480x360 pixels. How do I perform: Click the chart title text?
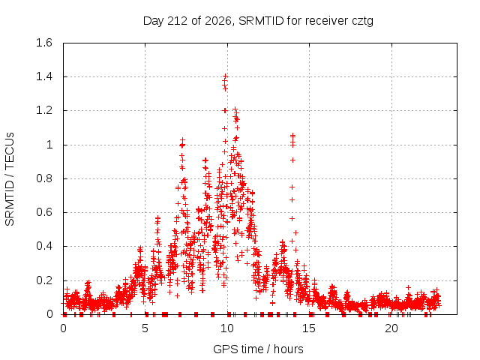coord(258,21)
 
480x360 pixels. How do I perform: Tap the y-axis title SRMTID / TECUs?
coord(10,179)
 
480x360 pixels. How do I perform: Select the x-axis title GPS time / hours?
coord(258,349)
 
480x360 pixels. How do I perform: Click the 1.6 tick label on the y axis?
coord(44,43)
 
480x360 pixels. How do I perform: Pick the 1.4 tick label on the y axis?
coord(44,76)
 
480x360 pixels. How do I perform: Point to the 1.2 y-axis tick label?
coord(44,110)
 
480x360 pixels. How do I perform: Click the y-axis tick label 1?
coord(49,145)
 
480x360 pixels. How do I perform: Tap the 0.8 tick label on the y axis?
coord(44,178)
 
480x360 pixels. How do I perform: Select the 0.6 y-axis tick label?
coord(44,212)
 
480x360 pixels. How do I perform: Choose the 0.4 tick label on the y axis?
coord(44,246)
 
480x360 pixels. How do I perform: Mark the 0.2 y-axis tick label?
coord(44,280)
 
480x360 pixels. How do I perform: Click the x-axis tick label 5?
coord(145,328)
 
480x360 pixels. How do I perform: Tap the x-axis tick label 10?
coord(227,328)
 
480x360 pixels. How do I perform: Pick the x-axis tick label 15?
coord(309,328)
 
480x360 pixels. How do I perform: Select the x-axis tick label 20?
coord(391,328)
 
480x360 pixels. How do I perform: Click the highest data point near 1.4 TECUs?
coord(226,76)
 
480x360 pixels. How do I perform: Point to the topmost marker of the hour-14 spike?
coord(293,135)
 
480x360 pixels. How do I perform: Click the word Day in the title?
coord(154,22)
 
